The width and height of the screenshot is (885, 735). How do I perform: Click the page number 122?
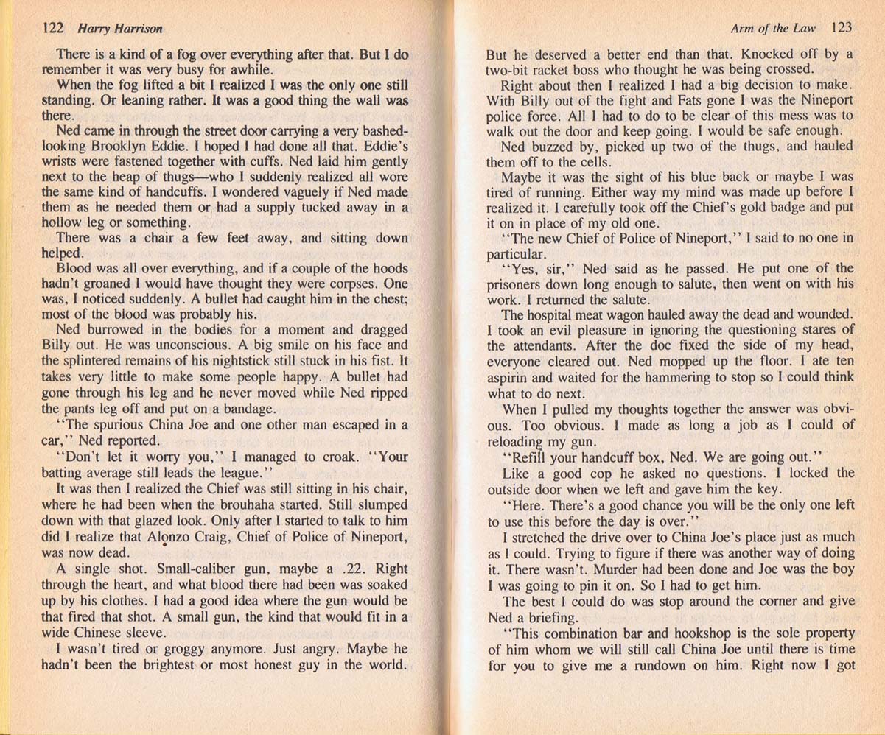[x=53, y=29]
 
